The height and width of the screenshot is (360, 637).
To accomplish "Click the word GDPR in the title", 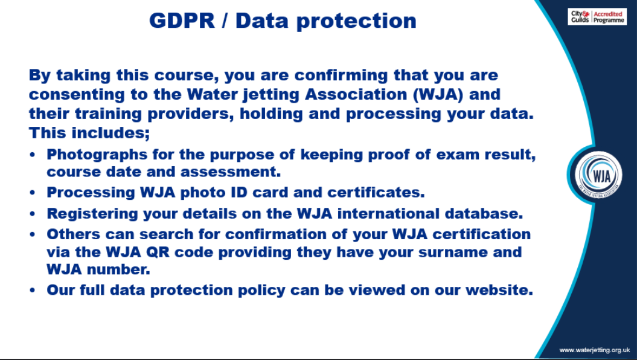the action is pyautogui.click(x=182, y=21).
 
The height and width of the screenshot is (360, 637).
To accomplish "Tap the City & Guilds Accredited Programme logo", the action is pyautogui.click(x=597, y=17).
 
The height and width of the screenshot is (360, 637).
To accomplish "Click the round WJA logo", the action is pyautogui.click(x=598, y=175).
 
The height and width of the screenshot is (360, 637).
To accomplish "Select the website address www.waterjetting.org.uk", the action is pyautogui.click(x=594, y=350).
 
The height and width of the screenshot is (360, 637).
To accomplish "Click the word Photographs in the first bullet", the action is pyautogui.click(x=97, y=155).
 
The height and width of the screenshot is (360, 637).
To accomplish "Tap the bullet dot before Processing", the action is pyautogui.click(x=33, y=193).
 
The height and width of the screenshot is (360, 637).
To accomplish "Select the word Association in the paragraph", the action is pyautogui.click(x=356, y=94).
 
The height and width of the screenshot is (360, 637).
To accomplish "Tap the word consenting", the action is pyautogui.click(x=77, y=95).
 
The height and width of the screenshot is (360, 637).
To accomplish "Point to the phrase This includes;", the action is pyautogui.click(x=89, y=133).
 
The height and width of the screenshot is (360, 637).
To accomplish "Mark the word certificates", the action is pyautogui.click(x=376, y=193).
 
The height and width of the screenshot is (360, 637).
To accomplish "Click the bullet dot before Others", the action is pyautogui.click(x=33, y=235).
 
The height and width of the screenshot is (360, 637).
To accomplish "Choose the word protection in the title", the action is pyautogui.click(x=356, y=21).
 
